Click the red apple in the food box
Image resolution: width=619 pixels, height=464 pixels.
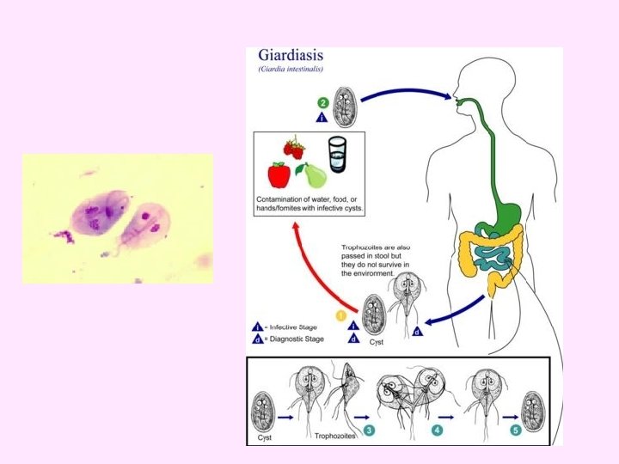point(279,174)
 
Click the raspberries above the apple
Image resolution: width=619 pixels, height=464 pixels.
point(296,147)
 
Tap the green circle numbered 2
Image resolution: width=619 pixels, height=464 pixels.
point(323,103)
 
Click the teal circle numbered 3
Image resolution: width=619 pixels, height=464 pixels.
point(368,429)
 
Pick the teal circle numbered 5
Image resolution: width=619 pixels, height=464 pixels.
point(516,429)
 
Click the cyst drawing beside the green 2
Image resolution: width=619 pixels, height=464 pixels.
point(346,103)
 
